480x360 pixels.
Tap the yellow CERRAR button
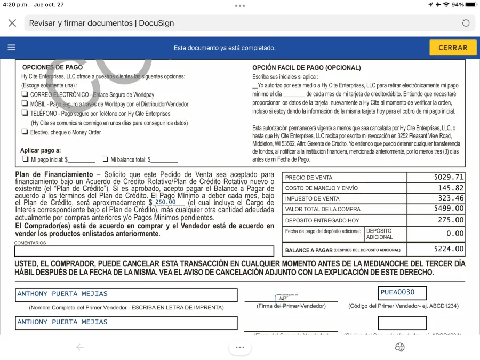tap(453, 47)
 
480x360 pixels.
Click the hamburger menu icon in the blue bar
tap(12, 47)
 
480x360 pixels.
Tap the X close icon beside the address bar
tap(12, 23)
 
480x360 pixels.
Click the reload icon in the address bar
tap(466, 23)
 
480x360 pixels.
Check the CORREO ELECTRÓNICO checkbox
tap(25, 94)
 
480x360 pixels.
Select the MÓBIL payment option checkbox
tap(25, 104)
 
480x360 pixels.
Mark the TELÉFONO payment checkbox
tap(25, 113)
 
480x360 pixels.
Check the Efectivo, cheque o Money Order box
tap(25, 132)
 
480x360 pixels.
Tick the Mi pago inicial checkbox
tap(25, 159)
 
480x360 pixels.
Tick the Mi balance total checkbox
tap(105, 159)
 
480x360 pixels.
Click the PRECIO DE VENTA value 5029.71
tap(449, 177)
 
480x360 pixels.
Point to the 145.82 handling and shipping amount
tap(451, 188)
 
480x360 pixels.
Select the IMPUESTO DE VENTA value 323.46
tap(451, 198)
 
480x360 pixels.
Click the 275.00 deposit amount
tap(451, 220)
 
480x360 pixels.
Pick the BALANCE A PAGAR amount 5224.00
tap(449, 249)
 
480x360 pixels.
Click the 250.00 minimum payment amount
tap(165, 203)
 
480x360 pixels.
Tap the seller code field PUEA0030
tap(402, 293)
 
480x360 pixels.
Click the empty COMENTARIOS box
tap(144, 251)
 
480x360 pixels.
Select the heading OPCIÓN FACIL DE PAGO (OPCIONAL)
tap(306, 68)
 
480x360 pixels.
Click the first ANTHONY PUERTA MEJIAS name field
tap(126, 295)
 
